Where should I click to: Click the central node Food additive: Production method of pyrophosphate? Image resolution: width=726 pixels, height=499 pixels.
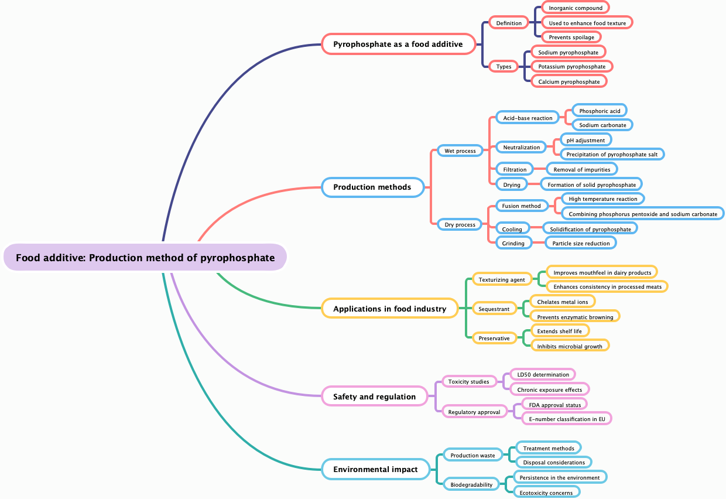(x=145, y=258)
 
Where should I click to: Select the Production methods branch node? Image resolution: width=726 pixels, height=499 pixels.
(x=372, y=187)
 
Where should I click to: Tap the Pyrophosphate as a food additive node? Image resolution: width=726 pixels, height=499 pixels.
(x=398, y=44)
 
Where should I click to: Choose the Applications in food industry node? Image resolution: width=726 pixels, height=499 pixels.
(x=390, y=309)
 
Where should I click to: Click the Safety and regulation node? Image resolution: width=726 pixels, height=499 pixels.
(x=375, y=397)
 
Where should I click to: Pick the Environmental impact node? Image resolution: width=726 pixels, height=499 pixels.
(x=376, y=469)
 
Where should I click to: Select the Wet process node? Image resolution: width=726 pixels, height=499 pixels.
(x=460, y=151)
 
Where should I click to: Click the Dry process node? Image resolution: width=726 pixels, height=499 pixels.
(x=460, y=224)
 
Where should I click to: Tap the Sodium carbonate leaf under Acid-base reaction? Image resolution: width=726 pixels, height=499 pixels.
(x=602, y=125)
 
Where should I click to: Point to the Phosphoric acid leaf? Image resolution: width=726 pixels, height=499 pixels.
(x=600, y=111)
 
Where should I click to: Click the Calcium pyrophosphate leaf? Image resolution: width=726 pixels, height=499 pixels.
(x=569, y=81)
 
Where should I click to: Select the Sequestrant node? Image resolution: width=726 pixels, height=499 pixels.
(x=494, y=309)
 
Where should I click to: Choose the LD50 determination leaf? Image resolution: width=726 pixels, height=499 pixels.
(x=543, y=374)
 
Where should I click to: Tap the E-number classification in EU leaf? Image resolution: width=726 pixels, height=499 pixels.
(x=567, y=419)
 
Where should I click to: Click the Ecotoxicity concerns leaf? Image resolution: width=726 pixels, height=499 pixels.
(x=546, y=493)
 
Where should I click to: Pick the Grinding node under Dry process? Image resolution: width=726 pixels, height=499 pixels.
(x=513, y=243)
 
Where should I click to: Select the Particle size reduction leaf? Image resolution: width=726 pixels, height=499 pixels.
(x=581, y=243)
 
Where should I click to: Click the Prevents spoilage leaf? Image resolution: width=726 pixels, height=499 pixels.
(x=571, y=37)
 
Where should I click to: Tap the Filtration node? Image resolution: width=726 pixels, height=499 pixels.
(x=515, y=169)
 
